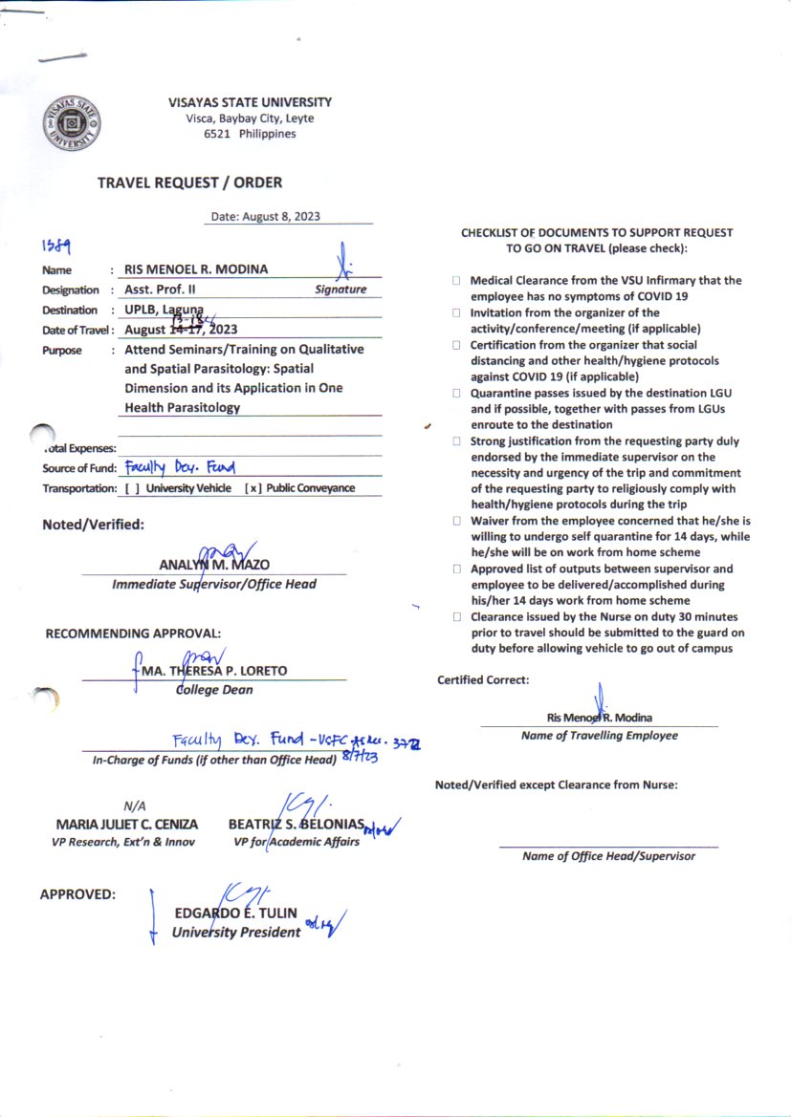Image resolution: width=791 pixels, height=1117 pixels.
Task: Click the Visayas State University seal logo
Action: point(73,125)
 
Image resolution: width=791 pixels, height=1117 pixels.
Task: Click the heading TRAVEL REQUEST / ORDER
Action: point(189,183)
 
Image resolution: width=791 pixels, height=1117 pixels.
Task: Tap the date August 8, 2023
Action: point(265,217)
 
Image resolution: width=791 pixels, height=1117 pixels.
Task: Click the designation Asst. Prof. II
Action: point(160,290)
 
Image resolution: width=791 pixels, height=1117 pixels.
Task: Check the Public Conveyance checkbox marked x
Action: point(252,488)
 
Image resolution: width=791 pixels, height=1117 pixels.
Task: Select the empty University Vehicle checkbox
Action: point(129,488)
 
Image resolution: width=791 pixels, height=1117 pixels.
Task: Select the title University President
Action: point(236,932)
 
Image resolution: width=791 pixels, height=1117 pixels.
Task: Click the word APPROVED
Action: point(77,895)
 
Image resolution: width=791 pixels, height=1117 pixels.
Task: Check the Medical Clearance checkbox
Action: point(457,281)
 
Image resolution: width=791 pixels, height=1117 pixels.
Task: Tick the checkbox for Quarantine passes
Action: point(457,393)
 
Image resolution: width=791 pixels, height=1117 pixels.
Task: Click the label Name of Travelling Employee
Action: point(599,736)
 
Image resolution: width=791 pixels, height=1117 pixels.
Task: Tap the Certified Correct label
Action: point(483,680)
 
